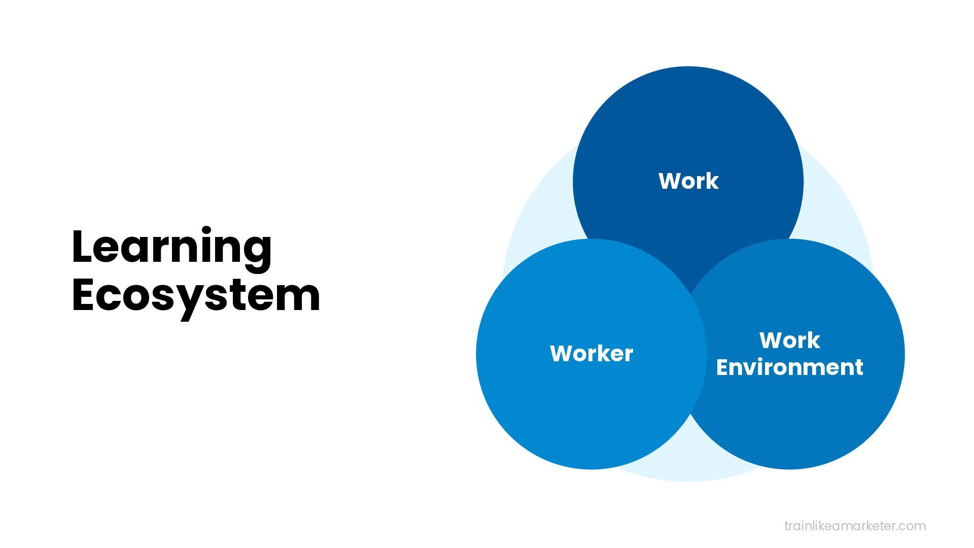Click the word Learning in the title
pos(171,247)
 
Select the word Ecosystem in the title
pos(196,296)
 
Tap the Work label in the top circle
pos(688,181)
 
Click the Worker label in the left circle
pos(592,354)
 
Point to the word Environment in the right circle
pos(789,367)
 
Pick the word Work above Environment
pos(789,340)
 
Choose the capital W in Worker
pos(562,354)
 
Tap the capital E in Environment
pos(722,367)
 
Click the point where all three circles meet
pos(690,294)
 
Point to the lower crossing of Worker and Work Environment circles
pos(690,414)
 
